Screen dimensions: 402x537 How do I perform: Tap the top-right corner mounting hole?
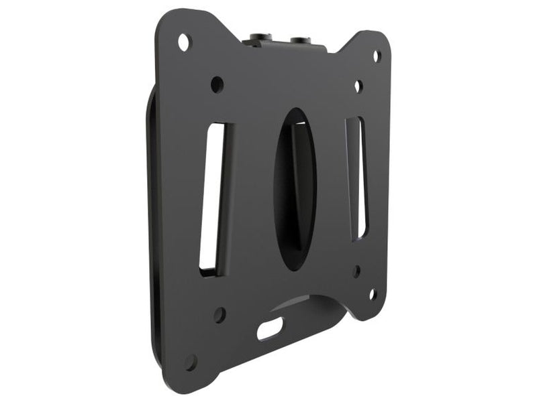tap(377, 56)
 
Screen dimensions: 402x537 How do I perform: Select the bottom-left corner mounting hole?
tap(191, 362)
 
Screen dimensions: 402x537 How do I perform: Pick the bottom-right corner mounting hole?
tap(372, 294)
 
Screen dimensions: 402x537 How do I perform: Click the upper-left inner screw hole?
tap(217, 84)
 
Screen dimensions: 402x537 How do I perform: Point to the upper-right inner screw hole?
tap(358, 86)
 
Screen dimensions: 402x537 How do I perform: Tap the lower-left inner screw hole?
tap(219, 314)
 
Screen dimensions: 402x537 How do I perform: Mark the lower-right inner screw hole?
tap(356, 271)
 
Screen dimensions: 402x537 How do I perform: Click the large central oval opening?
tap(295, 188)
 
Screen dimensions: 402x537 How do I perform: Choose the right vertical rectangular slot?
tap(356, 177)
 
